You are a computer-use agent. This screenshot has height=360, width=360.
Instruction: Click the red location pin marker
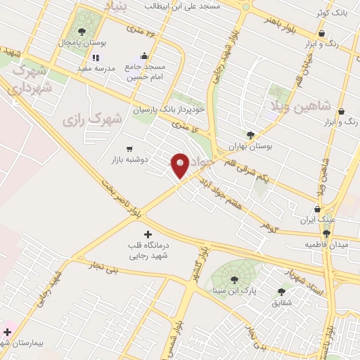coord(180,166)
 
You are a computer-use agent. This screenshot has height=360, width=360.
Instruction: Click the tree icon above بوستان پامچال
coord(82,32)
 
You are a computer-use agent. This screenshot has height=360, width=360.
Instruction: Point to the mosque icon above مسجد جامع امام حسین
coord(145,56)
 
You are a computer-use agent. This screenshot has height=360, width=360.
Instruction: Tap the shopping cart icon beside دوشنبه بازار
coord(129,148)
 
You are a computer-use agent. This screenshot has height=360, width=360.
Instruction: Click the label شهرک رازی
coord(92,120)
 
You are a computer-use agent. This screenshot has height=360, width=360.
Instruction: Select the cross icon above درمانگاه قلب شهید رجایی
coord(147,234)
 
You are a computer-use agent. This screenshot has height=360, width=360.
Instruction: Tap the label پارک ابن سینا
coord(234,290)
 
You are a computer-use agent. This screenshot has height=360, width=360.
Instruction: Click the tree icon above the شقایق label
coord(281,291)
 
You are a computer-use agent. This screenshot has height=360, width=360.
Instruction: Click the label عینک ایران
coord(316,220)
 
